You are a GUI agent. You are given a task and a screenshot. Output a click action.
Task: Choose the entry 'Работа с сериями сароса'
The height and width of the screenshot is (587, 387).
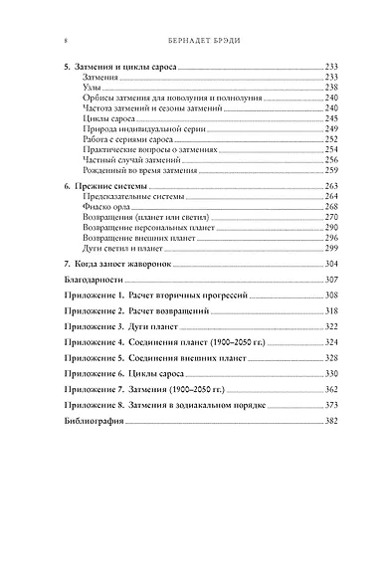[119, 168]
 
